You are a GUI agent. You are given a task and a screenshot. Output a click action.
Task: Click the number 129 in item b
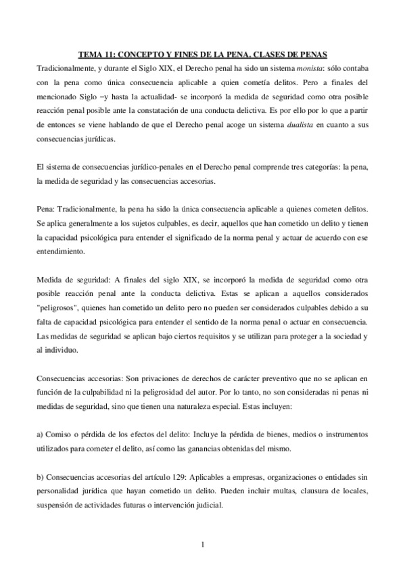pos(178,478)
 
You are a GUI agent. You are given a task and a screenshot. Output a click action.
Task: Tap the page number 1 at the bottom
pos(202,545)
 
